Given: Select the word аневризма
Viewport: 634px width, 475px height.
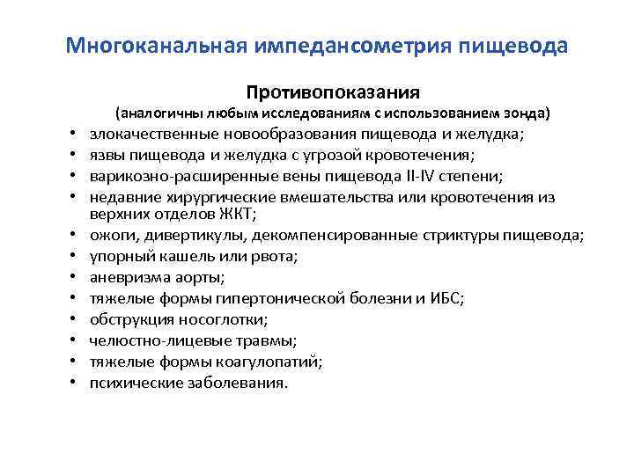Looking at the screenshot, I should [x=126, y=277].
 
